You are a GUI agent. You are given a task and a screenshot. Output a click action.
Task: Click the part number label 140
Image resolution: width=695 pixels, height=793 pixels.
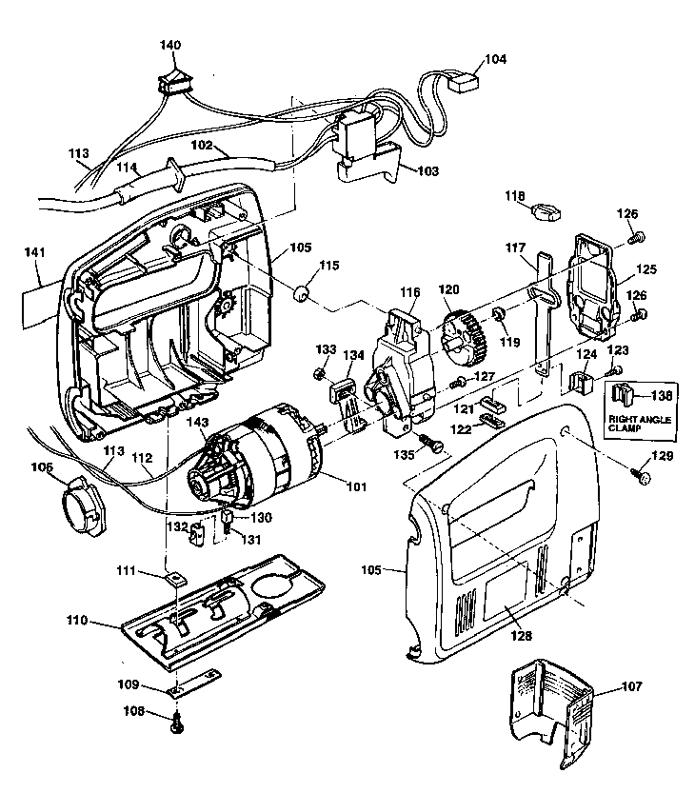pyautogui.click(x=170, y=45)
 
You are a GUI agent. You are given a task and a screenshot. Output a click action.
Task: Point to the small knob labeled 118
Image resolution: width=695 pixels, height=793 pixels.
pyautogui.click(x=547, y=210)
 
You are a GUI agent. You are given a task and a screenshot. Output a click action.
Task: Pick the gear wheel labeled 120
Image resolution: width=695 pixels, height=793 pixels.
pyautogui.click(x=464, y=336)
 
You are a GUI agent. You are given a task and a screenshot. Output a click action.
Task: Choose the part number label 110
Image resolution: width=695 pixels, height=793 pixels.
pyautogui.click(x=77, y=621)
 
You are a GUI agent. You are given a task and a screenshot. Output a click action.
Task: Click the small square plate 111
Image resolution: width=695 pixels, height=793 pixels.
pyautogui.click(x=176, y=577)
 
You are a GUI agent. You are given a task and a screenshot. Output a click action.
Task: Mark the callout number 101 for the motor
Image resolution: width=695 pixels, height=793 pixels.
pyautogui.click(x=356, y=487)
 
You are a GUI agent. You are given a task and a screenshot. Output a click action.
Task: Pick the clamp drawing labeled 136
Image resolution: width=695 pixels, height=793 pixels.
pyautogui.click(x=625, y=393)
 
